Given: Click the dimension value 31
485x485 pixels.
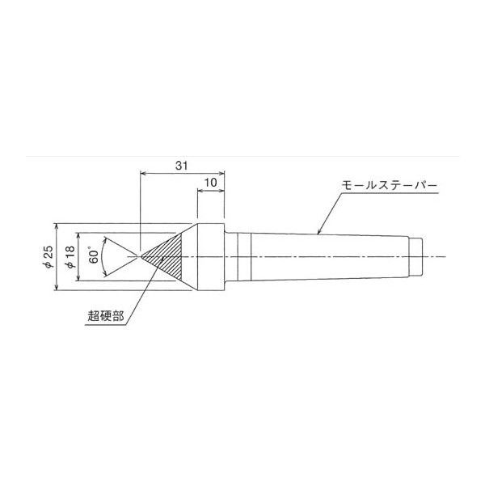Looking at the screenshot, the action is click(x=182, y=166).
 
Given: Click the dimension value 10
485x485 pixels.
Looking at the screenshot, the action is click(x=210, y=183).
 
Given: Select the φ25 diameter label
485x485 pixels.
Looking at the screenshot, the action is click(x=48, y=257).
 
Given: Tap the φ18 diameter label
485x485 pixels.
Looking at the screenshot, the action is click(x=70, y=257).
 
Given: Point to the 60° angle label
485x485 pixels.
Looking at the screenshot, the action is click(x=94, y=255).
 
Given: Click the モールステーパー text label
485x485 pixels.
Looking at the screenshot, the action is click(x=390, y=186).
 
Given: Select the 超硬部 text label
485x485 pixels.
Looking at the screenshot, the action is click(x=106, y=316).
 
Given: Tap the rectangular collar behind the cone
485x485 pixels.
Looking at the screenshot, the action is click(x=211, y=257).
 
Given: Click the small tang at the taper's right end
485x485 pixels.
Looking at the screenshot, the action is click(x=415, y=257).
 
